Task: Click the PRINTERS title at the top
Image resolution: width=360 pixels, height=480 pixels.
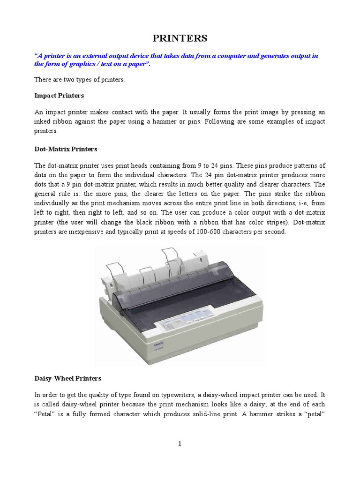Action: tap(180, 38)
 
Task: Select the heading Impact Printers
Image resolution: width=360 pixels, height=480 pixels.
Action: tap(59, 95)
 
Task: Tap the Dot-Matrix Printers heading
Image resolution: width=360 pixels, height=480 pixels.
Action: tap(66, 149)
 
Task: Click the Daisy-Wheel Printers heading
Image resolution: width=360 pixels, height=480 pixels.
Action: tap(67, 378)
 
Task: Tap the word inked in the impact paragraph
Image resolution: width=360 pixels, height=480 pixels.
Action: tap(43, 122)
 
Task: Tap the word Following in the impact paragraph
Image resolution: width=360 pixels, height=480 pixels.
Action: tap(235, 122)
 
